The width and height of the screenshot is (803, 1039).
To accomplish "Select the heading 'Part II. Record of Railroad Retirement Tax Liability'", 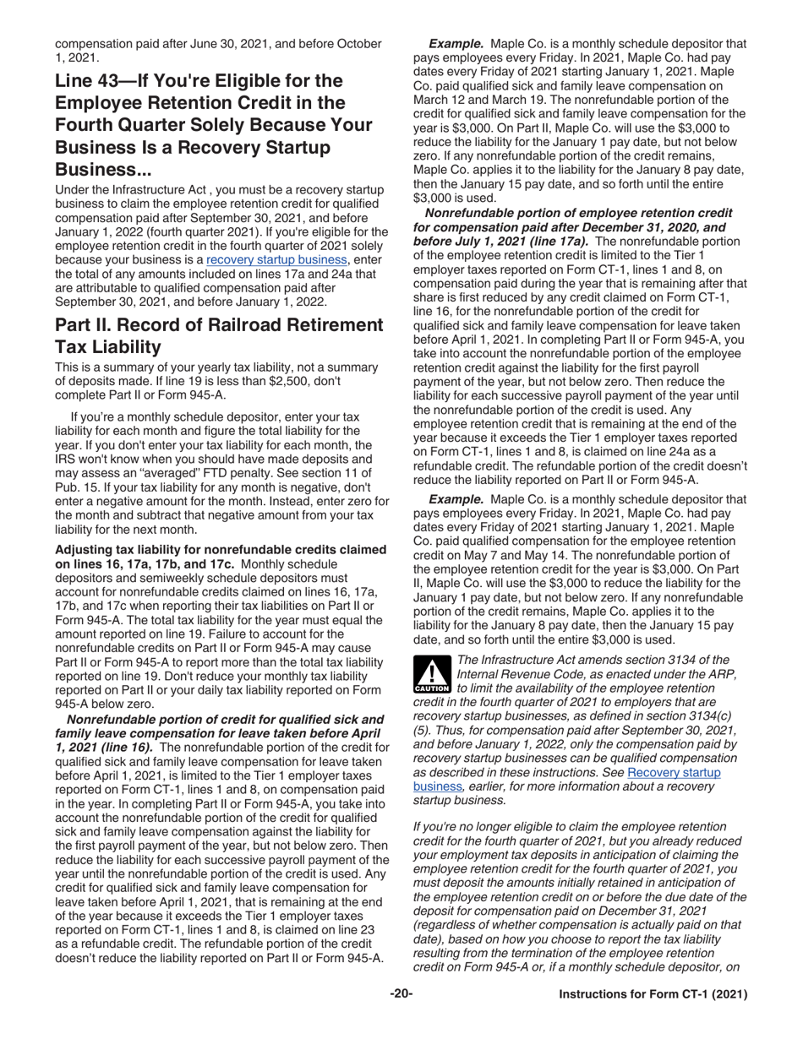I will click(218, 335).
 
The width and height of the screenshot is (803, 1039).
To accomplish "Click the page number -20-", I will click(401, 994).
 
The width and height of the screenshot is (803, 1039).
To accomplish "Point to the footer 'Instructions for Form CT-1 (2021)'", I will click(653, 995).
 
